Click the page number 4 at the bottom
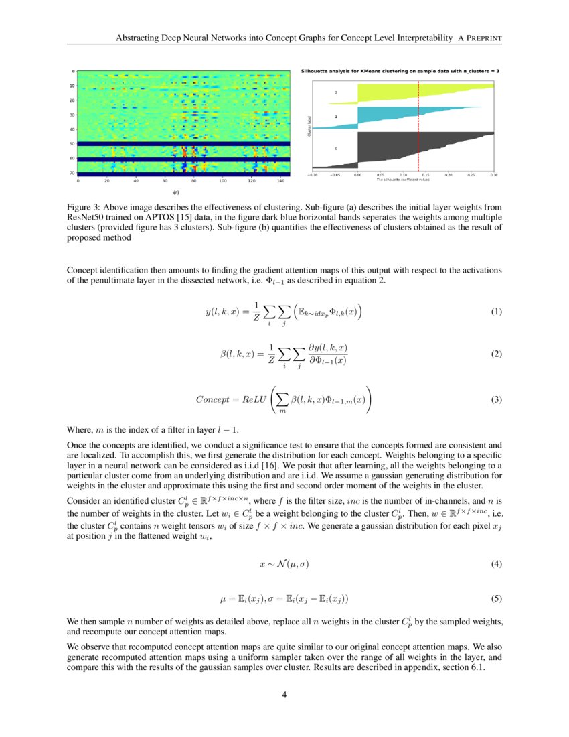(284, 695)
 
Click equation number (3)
(497, 399)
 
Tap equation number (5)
(497, 598)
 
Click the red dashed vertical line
(418, 127)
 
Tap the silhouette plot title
(399, 70)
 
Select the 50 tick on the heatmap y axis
(73, 143)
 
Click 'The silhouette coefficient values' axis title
(402, 180)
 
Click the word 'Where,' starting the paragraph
(80, 429)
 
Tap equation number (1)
(497, 312)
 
